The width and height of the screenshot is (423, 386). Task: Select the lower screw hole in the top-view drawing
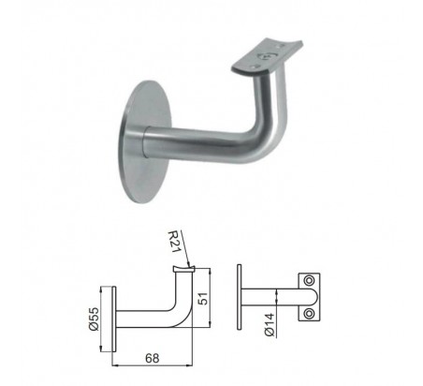(310, 313)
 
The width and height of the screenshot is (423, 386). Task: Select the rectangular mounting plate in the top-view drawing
(310, 297)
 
